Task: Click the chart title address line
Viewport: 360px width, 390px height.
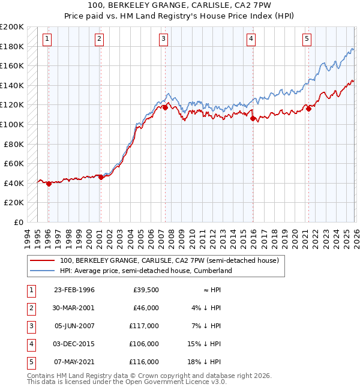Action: pos(179,6)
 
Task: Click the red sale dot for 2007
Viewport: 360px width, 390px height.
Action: pos(164,108)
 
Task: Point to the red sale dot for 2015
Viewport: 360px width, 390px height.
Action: pos(253,119)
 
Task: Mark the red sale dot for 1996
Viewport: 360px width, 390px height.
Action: pos(49,184)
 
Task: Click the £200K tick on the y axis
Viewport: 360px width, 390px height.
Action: pos(12,27)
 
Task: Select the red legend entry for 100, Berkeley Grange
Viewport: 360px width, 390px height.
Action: pos(169,261)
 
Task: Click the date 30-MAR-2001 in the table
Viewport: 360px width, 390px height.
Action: pos(74,308)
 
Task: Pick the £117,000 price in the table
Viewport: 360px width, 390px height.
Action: pos(143,326)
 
